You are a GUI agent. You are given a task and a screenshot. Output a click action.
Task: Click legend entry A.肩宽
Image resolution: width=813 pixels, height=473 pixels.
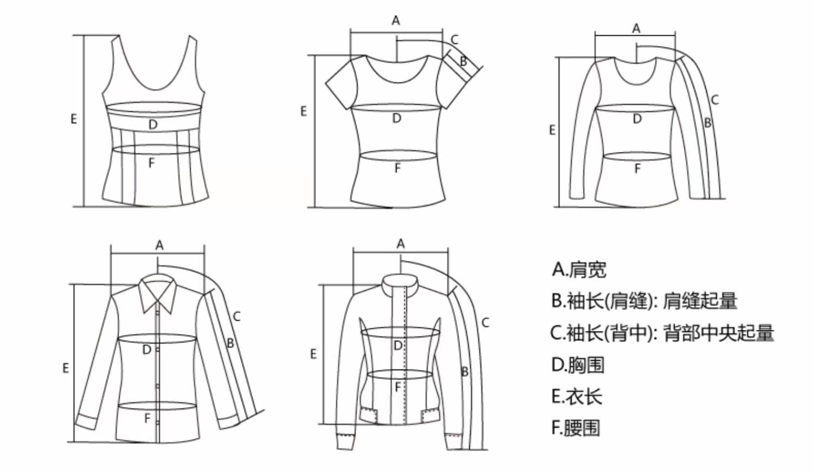[x=579, y=269]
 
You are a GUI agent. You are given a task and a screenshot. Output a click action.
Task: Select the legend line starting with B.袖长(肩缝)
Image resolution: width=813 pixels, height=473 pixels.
[x=644, y=301]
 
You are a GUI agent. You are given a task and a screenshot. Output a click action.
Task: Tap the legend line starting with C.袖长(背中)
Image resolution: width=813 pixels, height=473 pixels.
[x=662, y=333]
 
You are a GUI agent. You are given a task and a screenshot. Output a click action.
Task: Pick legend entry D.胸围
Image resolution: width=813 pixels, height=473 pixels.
[x=577, y=365]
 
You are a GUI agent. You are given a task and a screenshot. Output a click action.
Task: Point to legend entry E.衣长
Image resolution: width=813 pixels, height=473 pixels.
[x=577, y=397]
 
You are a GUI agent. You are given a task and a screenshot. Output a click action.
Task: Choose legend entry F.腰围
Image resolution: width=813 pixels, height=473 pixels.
[x=576, y=428]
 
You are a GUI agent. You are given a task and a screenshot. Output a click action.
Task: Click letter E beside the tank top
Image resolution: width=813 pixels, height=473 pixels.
[x=74, y=119]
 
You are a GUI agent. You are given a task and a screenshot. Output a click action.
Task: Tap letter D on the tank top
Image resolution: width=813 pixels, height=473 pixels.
[x=153, y=125]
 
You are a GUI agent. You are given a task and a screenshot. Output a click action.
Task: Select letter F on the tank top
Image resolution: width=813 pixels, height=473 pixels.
[x=151, y=162]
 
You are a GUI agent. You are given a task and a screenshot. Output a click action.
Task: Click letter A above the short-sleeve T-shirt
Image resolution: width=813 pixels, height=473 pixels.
[x=396, y=21]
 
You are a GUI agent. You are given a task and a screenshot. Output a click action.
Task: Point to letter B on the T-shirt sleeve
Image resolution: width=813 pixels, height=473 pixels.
[x=463, y=61]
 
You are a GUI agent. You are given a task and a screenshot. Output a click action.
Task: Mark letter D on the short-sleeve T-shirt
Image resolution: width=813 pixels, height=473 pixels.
[x=397, y=118]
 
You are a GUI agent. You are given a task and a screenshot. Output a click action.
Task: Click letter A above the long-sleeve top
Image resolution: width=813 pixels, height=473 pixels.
[x=636, y=28]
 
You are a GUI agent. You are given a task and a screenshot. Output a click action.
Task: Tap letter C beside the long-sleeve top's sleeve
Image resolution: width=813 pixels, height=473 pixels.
[x=715, y=100]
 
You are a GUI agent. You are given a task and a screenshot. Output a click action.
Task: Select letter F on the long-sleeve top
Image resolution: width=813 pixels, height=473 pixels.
[x=637, y=169]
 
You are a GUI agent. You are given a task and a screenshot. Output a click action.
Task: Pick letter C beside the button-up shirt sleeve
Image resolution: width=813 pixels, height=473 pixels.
[x=236, y=316]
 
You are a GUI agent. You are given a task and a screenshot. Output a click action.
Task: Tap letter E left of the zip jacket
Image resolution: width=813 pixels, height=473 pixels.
[x=313, y=354]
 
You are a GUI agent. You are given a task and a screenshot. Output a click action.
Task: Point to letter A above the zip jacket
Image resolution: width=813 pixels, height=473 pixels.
[x=401, y=244]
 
